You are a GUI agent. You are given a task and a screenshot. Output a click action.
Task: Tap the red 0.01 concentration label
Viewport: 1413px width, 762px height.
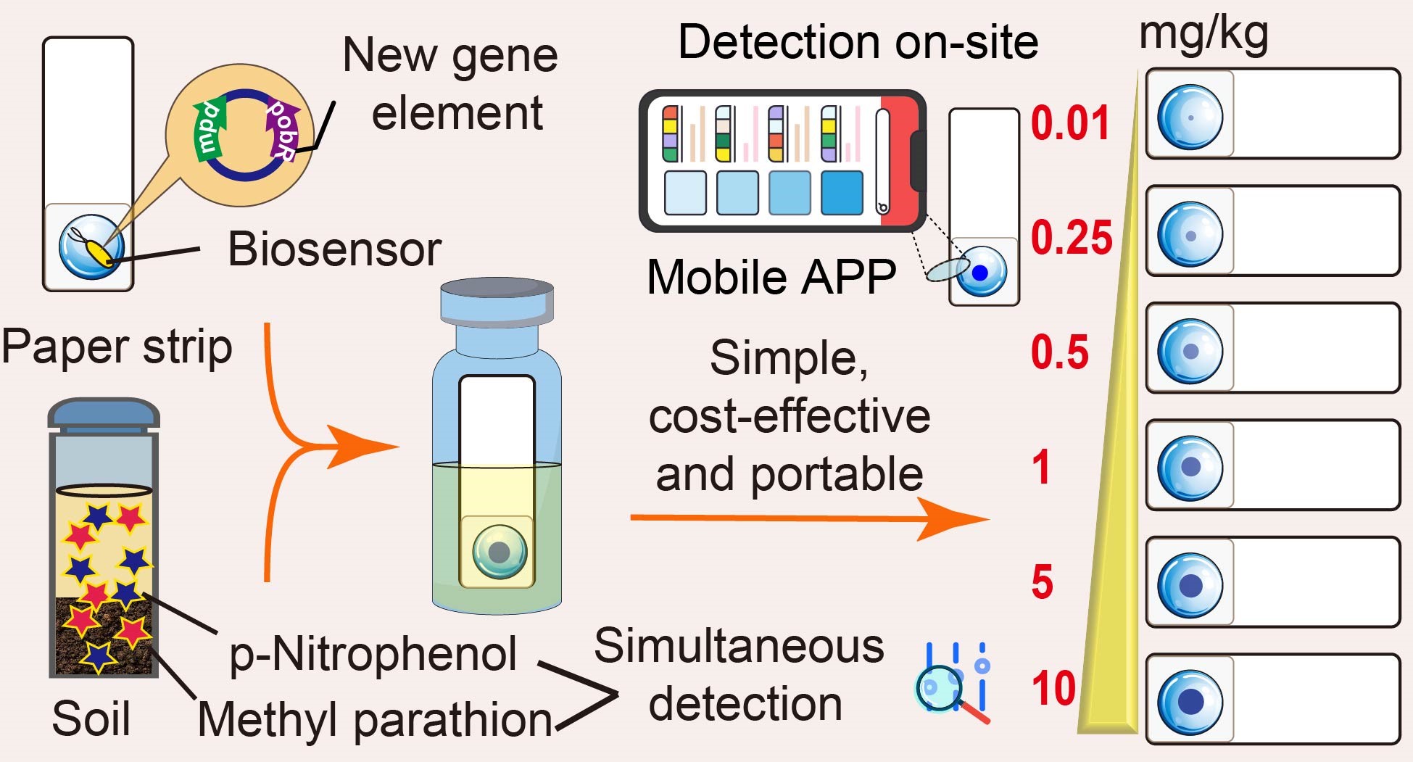coord(1070,123)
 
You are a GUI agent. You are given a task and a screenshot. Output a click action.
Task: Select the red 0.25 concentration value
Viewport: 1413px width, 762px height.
coord(1072,237)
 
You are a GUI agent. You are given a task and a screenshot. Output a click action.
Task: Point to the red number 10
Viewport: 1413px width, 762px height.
coord(1053,688)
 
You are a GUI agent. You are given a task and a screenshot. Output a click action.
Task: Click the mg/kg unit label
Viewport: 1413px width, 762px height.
coord(1203,34)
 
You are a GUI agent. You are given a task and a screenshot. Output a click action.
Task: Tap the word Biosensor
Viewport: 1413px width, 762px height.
coord(334,249)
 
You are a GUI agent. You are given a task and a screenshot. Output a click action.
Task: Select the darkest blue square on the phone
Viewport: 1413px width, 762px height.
coord(842,193)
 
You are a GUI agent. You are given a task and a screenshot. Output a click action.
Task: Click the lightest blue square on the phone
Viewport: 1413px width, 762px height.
coord(685,193)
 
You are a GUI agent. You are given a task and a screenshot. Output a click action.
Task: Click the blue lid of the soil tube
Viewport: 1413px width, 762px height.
coord(104,413)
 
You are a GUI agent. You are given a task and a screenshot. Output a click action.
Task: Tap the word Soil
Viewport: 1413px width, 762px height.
coord(91,718)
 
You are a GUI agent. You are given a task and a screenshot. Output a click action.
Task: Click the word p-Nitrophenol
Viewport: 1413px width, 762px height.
coord(373,654)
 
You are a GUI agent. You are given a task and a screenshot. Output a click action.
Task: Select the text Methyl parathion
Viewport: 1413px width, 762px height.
coord(375,720)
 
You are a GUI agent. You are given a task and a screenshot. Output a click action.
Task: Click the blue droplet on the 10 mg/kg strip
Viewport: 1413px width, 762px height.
coord(1190,702)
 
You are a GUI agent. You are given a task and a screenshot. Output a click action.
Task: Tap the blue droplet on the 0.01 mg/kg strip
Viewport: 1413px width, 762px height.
coord(1190,117)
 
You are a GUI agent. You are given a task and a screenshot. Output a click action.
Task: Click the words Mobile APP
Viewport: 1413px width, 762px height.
coord(771,277)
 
